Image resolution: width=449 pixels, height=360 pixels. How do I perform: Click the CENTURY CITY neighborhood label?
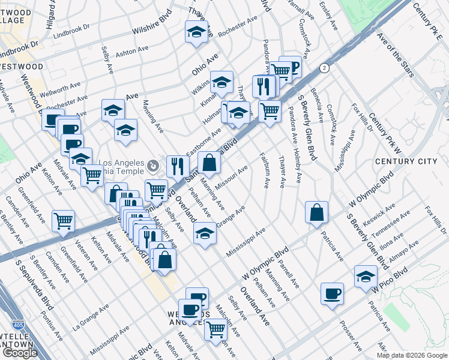click(x=405, y=161)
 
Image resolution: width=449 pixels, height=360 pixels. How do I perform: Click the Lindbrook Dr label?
click(x=71, y=29)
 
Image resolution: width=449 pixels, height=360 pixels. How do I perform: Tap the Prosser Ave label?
click(x=350, y=338)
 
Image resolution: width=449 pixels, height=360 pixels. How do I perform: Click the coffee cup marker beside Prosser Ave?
click(x=332, y=293)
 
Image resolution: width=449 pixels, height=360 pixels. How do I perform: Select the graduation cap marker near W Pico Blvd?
click(x=366, y=275)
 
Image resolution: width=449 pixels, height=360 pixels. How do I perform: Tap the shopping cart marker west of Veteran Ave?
click(x=63, y=221)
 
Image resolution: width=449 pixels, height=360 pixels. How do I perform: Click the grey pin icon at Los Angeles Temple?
click(x=154, y=163)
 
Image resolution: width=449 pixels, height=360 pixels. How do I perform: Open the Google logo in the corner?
click(x=20, y=353)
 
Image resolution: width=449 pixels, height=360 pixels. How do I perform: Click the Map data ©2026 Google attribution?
click(x=411, y=355)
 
